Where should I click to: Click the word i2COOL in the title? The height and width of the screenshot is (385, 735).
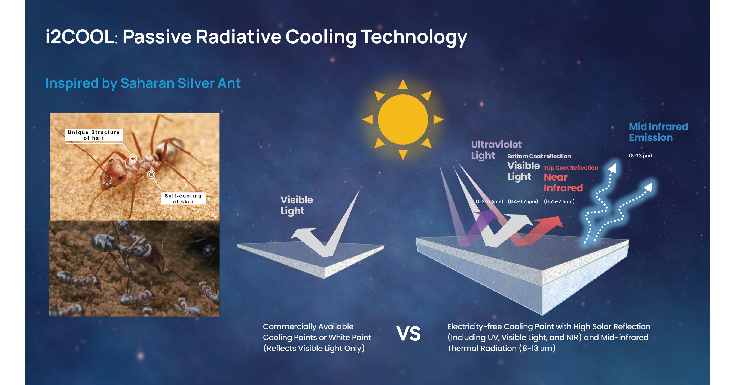(80, 37)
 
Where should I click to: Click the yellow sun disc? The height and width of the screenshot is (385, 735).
(403, 120)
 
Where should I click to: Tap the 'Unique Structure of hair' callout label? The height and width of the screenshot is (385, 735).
(94, 135)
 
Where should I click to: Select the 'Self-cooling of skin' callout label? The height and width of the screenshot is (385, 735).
(183, 198)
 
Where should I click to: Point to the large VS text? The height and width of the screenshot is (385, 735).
(408, 334)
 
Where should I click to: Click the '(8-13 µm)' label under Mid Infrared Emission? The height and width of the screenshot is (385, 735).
(640, 156)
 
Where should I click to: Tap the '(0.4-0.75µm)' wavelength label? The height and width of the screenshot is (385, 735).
(523, 201)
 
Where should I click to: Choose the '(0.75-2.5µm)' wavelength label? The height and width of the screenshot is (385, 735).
(559, 201)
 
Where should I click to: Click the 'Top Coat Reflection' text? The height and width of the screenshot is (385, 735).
(571, 168)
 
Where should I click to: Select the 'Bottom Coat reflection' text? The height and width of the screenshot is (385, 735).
(539, 156)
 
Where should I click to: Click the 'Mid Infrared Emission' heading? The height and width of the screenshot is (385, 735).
(658, 132)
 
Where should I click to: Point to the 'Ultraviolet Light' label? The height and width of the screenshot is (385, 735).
(496, 150)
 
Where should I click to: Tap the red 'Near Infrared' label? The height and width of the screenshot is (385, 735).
(563, 182)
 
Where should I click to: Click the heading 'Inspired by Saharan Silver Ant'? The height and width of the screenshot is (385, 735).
(143, 83)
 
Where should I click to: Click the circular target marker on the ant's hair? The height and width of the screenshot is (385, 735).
(133, 158)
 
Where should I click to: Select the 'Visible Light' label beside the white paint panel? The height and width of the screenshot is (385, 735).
(297, 205)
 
